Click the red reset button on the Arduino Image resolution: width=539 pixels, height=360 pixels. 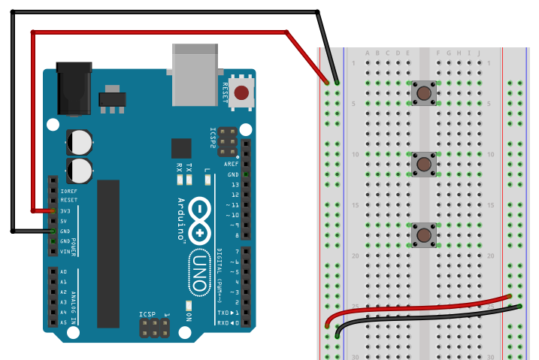tap(241, 93)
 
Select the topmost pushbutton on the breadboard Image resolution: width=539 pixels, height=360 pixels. tap(425, 93)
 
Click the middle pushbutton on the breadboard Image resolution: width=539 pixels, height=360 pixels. tap(425, 163)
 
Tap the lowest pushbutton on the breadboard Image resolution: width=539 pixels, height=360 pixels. tap(425, 235)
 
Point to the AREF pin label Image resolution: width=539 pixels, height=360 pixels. tap(232, 164)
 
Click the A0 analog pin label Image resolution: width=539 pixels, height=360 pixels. tap(63, 271)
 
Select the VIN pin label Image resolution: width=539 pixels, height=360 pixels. tap(66, 252)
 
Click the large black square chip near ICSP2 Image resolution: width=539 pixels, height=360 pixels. tap(181, 148)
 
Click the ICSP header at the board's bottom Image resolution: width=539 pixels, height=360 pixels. tap(154, 328)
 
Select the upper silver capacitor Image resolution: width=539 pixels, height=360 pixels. tap(80, 141)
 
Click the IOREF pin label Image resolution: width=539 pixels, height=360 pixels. tap(68, 191)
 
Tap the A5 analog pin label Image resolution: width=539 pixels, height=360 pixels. tap(63, 322)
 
